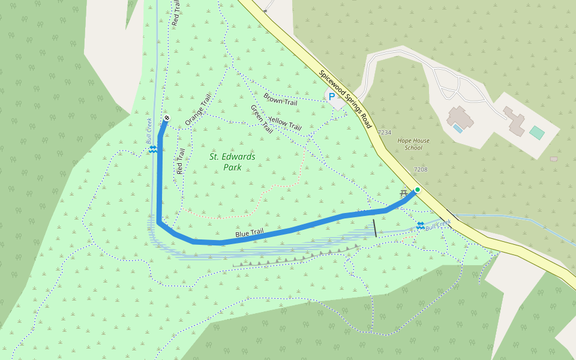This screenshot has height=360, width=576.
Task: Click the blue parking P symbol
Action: [331, 96]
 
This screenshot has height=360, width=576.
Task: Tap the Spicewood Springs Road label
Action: [346, 100]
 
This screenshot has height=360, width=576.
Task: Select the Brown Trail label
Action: [280, 99]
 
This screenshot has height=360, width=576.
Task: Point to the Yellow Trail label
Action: [284, 123]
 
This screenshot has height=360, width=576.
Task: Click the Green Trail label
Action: [262, 119]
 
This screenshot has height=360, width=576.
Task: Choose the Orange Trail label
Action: [199, 110]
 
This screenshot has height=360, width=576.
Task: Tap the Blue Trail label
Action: [250, 232]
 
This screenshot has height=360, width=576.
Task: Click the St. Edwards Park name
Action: [232, 162]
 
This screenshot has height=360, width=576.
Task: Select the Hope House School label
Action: [413, 144]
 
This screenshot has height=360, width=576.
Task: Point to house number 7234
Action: [384, 133]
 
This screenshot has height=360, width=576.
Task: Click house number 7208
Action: [421, 170]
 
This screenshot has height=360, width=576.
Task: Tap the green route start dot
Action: [418, 190]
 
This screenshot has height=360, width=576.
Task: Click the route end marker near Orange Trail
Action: [166, 118]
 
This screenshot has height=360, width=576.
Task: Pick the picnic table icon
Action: [403, 193]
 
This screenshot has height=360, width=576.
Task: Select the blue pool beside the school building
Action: [458, 128]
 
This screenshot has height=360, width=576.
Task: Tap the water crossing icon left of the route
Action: [153, 149]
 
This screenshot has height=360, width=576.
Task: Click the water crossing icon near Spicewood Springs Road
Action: [420, 226]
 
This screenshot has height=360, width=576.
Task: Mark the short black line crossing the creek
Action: [375, 228]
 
